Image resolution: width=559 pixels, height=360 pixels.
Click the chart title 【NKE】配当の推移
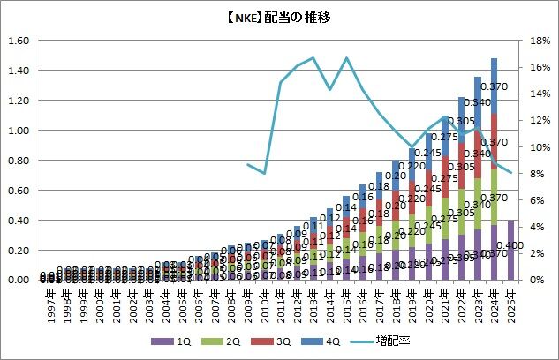click(279, 17)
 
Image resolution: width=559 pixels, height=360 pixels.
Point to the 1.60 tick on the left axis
click(19, 41)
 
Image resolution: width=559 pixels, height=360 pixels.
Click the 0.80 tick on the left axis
click(19, 160)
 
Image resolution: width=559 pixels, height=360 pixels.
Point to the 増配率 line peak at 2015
click(347, 58)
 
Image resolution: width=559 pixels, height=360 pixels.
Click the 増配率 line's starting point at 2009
click(248, 164)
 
